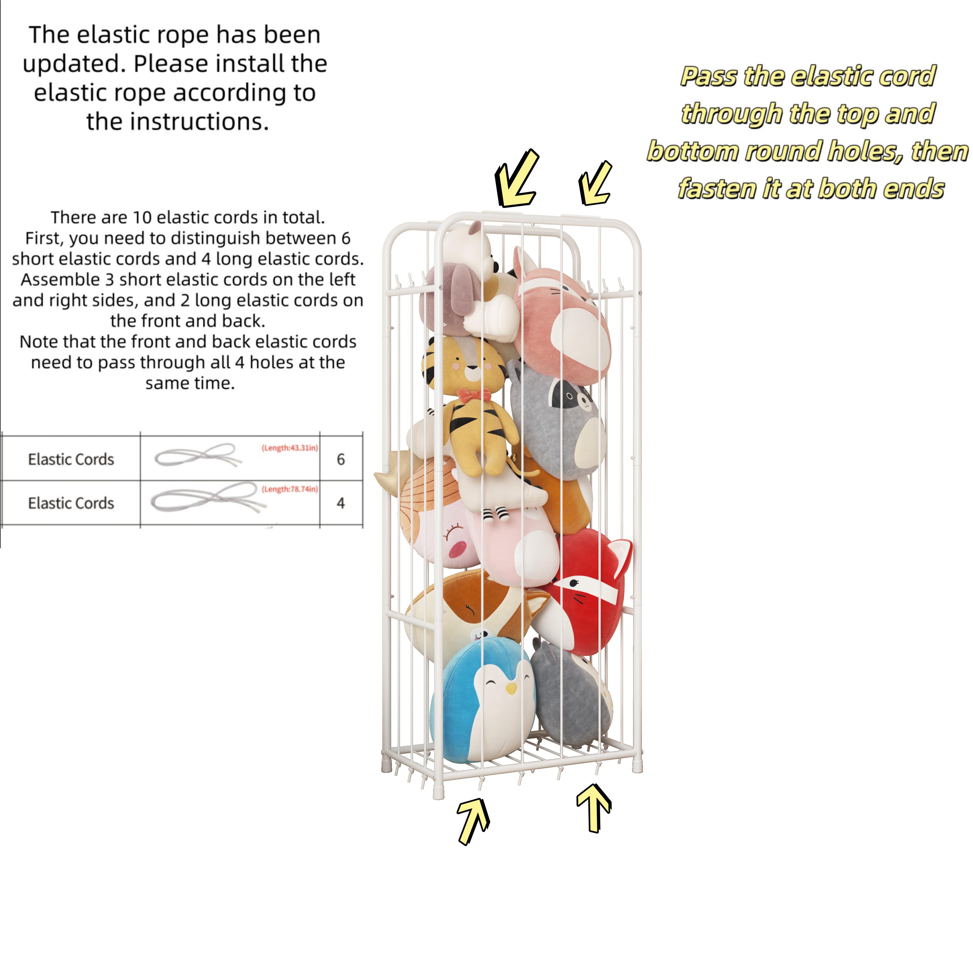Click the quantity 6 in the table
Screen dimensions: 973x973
pyautogui.click(x=341, y=459)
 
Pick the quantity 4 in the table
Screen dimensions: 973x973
pyautogui.click(x=341, y=503)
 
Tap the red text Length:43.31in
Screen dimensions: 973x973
pyautogui.click(x=289, y=448)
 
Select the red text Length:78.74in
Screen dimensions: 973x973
pyautogui.click(x=289, y=489)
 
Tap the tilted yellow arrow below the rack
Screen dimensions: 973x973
pyautogui.click(x=472, y=820)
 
